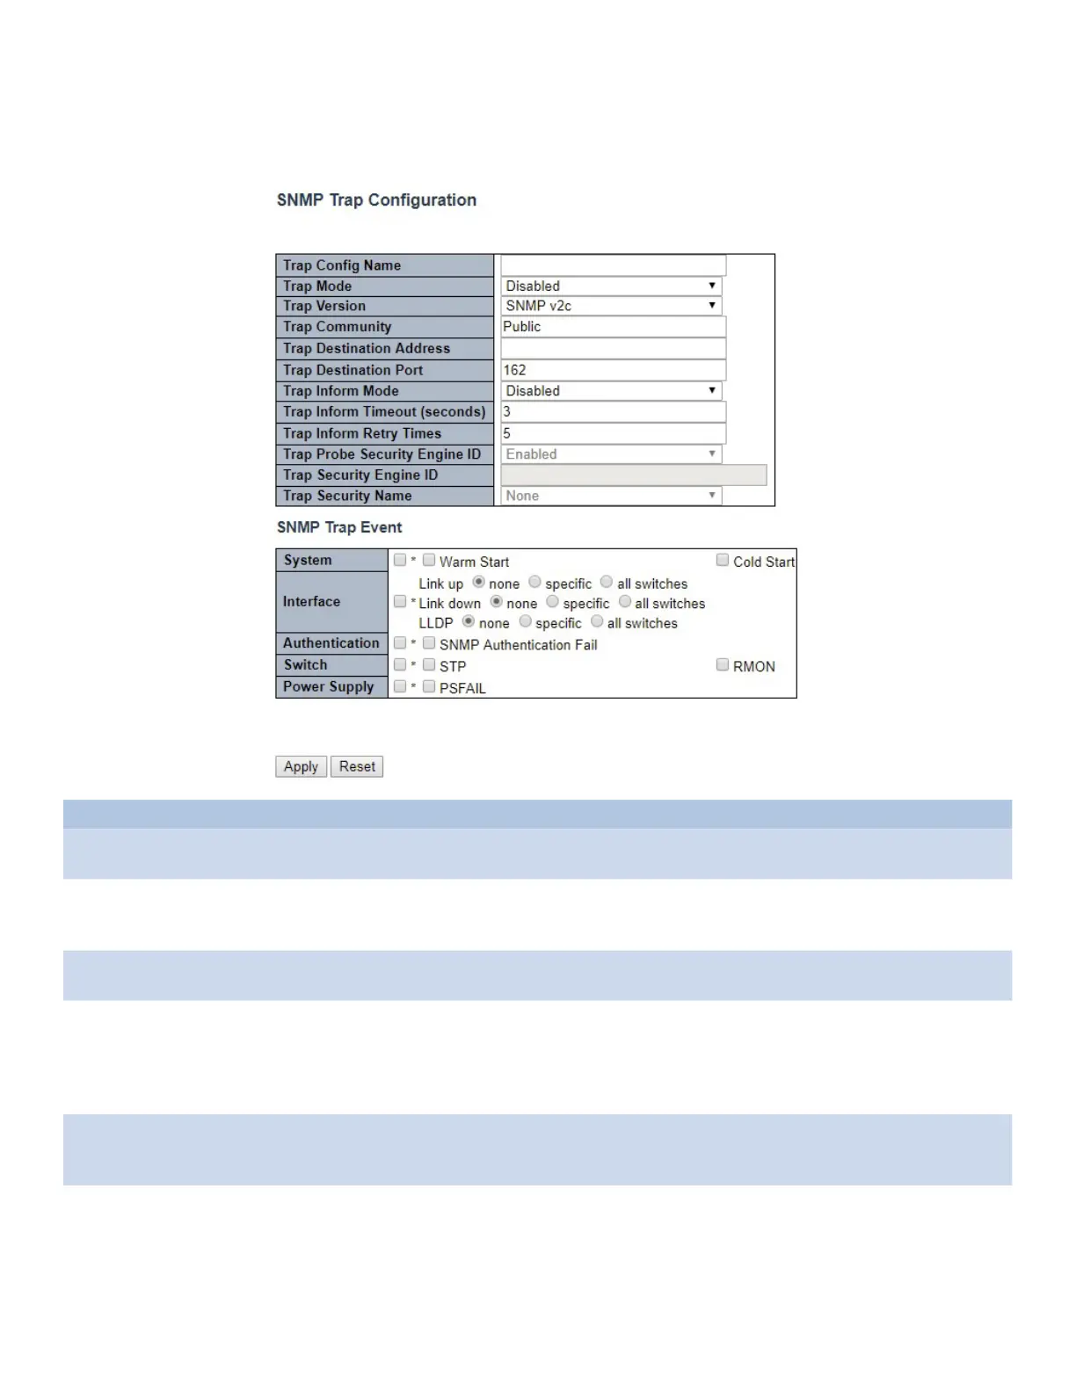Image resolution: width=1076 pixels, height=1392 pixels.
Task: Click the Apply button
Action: (301, 766)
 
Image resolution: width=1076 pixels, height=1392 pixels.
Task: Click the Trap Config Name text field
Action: (613, 265)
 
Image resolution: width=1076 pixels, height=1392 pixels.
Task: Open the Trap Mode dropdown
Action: (612, 286)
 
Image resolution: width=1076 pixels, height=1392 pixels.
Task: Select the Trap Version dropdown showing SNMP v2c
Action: (612, 306)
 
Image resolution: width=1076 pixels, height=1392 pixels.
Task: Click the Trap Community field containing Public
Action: (613, 327)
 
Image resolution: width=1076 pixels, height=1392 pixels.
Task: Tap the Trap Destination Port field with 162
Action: (613, 370)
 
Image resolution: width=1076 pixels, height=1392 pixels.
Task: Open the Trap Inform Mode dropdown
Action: (612, 391)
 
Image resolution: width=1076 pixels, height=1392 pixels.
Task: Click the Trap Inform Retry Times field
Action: (613, 433)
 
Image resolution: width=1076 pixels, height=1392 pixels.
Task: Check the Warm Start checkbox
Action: (429, 560)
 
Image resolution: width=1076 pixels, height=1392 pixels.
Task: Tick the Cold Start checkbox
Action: (723, 560)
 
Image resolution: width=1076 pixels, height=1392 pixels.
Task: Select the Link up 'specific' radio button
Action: (534, 582)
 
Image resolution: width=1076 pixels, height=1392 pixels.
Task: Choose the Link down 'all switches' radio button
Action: (625, 602)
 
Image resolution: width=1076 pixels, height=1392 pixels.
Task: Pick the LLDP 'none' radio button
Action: (469, 621)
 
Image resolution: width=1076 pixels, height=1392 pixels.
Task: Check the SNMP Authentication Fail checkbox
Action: (429, 643)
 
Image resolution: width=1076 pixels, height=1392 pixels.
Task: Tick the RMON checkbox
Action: (723, 664)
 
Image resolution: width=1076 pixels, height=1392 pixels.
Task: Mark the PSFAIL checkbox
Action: (429, 686)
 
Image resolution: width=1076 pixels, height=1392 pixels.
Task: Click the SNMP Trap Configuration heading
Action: (376, 200)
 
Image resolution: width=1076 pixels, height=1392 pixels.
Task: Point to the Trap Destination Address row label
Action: (367, 349)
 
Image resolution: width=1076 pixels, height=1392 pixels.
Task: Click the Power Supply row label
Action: (329, 686)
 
